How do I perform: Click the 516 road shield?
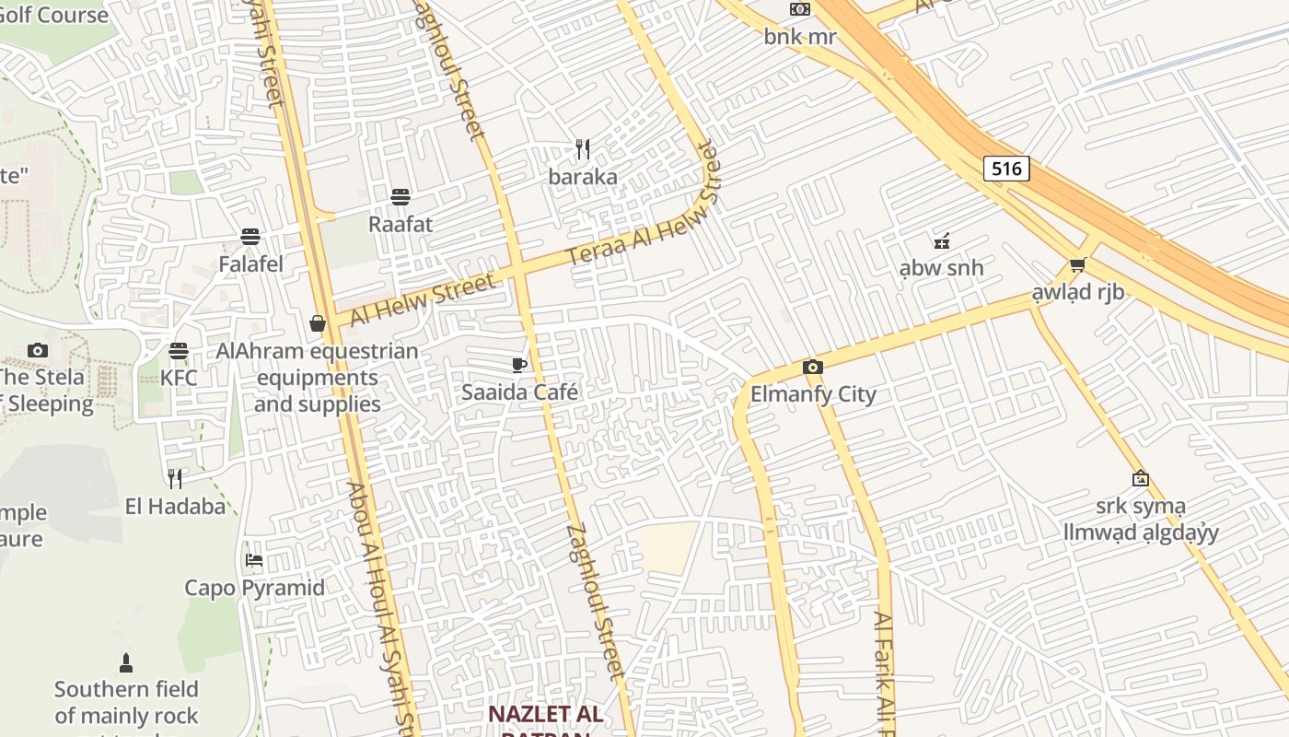click(x=1006, y=169)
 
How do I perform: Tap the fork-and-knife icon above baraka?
click(x=583, y=149)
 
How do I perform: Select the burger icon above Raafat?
click(x=400, y=196)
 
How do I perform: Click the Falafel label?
click(x=250, y=264)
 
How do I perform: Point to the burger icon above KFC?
click(x=178, y=351)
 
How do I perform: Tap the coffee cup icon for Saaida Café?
click(x=519, y=365)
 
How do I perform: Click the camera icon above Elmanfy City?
click(x=812, y=368)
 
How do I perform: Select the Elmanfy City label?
click(x=813, y=394)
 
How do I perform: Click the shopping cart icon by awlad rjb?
click(x=1077, y=265)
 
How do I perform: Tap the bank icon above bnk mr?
click(x=800, y=9)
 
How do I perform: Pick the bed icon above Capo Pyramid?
click(x=254, y=560)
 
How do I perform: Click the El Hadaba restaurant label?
click(x=175, y=506)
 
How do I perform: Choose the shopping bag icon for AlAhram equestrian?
click(x=317, y=323)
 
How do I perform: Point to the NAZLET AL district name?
click(x=545, y=714)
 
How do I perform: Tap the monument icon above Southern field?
click(x=126, y=662)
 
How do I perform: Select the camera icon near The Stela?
click(x=38, y=350)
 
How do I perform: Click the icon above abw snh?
click(x=941, y=242)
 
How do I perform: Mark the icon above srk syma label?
click(x=1141, y=478)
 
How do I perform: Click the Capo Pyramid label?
click(x=254, y=588)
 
